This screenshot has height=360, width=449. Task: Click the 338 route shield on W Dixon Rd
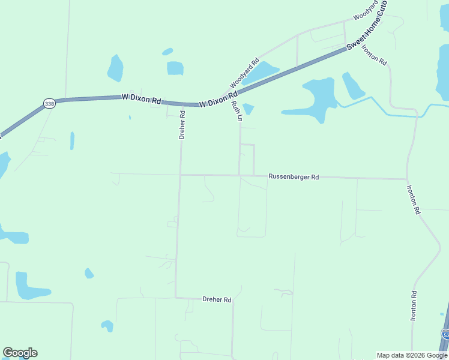[49, 104]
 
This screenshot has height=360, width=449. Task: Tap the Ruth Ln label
[236, 111]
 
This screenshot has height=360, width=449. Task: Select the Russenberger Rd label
[294, 177]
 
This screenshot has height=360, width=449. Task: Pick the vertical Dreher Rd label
[182, 124]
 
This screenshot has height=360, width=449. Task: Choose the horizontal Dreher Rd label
[217, 299]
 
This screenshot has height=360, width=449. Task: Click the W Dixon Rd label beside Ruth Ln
[218, 99]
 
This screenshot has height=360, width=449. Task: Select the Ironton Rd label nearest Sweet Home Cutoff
[374, 55]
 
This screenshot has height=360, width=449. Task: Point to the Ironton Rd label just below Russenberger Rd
[414, 200]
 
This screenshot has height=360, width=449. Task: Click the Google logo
[20, 353]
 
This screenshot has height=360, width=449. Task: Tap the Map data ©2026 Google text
[412, 355]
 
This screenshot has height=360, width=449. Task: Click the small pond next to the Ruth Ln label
[248, 109]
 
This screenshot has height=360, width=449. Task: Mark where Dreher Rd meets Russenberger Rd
[180, 175]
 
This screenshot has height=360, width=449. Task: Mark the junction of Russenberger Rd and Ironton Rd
[408, 179]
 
